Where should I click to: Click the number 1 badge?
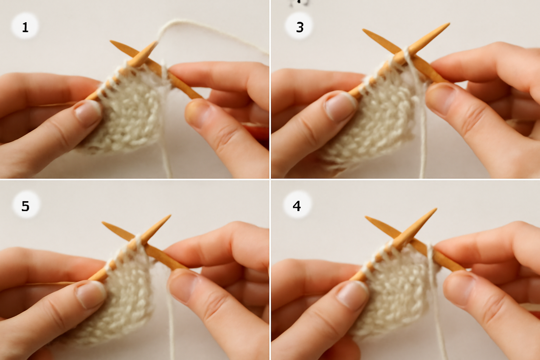tap(25, 26)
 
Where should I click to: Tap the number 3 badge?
tap(299, 26)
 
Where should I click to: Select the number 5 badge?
tap(26, 205)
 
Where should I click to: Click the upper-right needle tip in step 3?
tap(449, 24)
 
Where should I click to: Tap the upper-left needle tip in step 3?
tap(363, 30)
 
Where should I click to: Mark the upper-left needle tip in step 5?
tap(103, 223)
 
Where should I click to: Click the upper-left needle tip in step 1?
tap(111, 41)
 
